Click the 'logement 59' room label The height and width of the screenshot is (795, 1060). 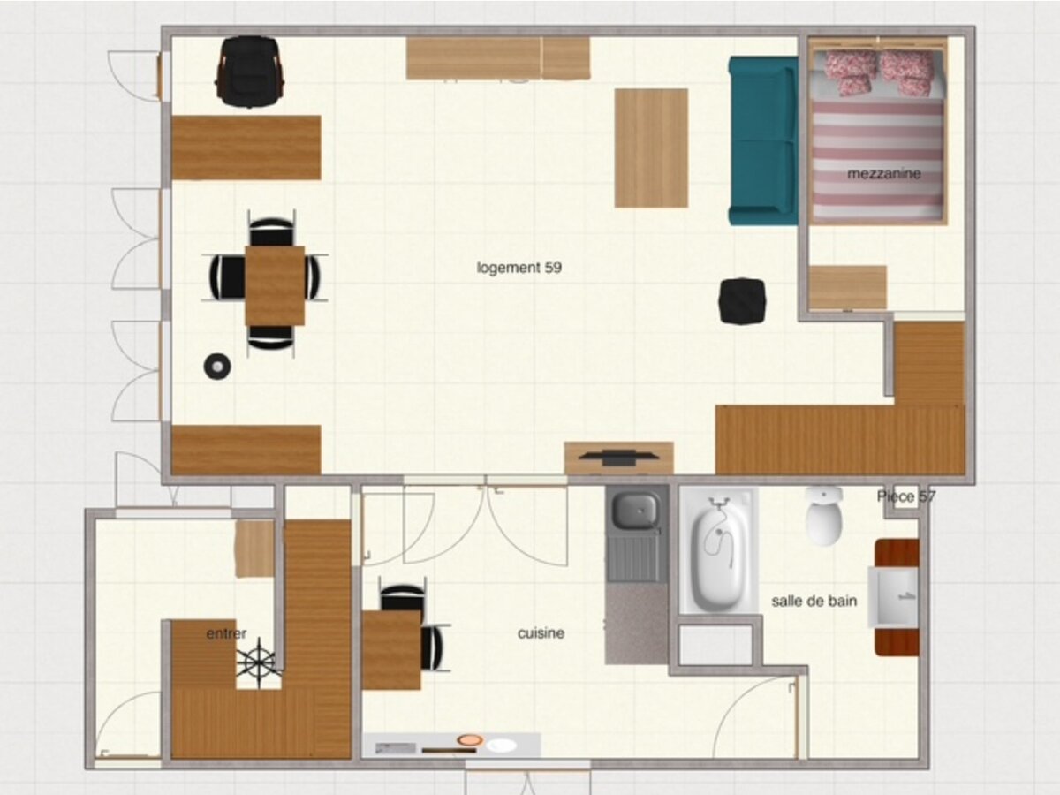point(519,268)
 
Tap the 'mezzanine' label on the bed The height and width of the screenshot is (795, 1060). point(883,174)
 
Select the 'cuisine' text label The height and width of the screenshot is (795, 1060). point(541,633)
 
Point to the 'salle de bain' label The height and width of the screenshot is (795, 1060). point(814,602)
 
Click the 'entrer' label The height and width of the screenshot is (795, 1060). point(226,633)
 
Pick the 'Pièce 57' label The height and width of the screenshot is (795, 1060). point(905,496)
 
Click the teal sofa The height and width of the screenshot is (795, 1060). point(762,140)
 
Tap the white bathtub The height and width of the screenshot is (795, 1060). point(718,552)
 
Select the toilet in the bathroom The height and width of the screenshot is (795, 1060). point(823,517)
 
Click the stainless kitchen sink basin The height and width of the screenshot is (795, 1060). point(635,510)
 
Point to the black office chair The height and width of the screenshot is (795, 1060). point(250,71)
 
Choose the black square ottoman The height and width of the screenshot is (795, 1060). point(741,301)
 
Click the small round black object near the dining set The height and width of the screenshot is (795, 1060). point(216,366)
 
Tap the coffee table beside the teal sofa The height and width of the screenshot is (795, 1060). point(651,148)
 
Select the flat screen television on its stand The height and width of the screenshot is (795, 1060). point(618,457)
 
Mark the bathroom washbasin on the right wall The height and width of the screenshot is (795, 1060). point(894,597)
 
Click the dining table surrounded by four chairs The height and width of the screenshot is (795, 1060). point(275,285)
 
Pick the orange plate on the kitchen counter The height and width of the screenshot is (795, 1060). point(470,739)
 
